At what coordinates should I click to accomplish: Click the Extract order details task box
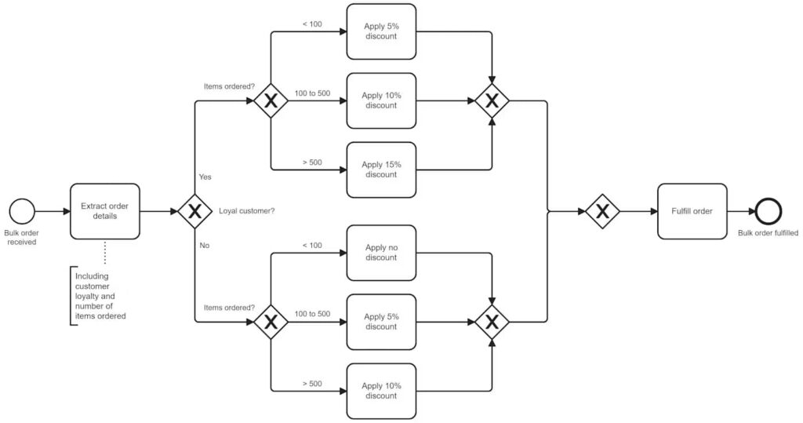pyautogui.click(x=104, y=211)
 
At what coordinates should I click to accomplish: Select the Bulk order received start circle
pyautogui.click(x=22, y=211)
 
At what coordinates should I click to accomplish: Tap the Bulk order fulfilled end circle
pyautogui.click(x=768, y=211)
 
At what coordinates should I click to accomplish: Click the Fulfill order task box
pyautogui.click(x=692, y=211)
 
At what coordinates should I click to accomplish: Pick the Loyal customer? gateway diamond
pyautogui.click(x=195, y=211)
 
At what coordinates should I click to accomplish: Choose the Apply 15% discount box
pyautogui.click(x=381, y=170)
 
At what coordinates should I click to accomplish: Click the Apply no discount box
pyautogui.click(x=381, y=253)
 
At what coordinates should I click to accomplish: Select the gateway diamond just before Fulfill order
pyautogui.click(x=602, y=211)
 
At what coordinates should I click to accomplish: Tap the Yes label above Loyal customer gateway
pyautogui.click(x=205, y=177)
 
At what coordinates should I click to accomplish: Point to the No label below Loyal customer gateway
pyautogui.click(x=205, y=246)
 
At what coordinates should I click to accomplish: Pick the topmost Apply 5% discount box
pyautogui.click(x=381, y=31)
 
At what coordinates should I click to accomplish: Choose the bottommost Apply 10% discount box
pyautogui.click(x=381, y=391)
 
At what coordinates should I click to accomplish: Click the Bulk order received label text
pyautogui.click(x=22, y=238)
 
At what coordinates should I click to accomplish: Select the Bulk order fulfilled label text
pyautogui.click(x=768, y=234)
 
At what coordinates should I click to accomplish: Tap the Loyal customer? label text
pyautogui.click(x=246, y=211)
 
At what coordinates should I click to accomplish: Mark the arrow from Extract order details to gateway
pyautogui.click(x=158, y=211)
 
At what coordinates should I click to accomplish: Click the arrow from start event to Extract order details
pyautogui.click(x=52, y=211)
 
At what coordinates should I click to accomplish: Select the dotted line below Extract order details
pyautogui.click(x=104, y=253)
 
